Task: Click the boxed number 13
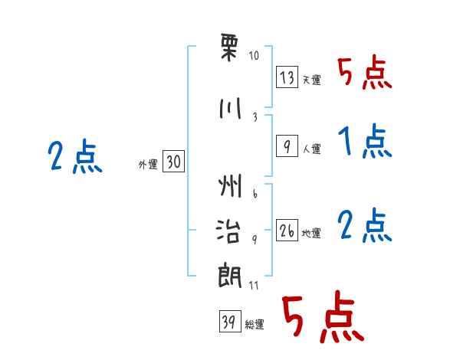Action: click(287, 77)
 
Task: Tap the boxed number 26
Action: click(287, 231)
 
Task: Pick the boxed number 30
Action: click(173, 162)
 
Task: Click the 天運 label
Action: click(311, 80)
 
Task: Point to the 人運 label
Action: click(311, 149)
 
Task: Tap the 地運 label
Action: click(311, 234)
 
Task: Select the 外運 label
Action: click(147, 164)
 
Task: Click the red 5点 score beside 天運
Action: click(364, 74)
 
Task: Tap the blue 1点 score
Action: click(364, 142)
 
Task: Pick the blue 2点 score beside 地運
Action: click(364, 225)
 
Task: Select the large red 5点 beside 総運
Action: click(322, 318)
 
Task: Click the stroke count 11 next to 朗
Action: click(254, 285)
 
